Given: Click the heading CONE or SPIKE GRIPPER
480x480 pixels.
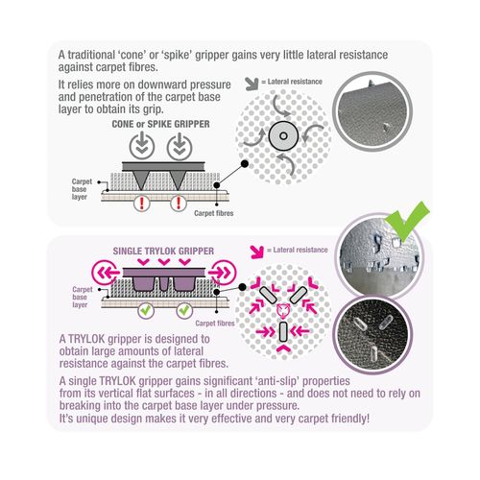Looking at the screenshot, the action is tap(160, 124).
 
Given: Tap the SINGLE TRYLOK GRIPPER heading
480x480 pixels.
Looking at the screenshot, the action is tap(163, 252).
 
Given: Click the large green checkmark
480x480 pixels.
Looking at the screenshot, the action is tap(407, 222).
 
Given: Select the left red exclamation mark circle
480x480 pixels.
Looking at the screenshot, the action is tap(142, 203).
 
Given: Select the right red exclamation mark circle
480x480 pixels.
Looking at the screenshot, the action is tap(179, 203).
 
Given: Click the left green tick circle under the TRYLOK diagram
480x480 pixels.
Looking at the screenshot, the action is tap(146, 310).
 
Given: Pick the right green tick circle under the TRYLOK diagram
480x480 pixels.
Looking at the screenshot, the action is tap(184, 310).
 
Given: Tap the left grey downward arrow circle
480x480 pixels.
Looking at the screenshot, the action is tap(142, 147).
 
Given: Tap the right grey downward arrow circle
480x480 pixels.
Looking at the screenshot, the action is tap(180, 147).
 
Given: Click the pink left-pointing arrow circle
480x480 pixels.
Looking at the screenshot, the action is tap(105, 273).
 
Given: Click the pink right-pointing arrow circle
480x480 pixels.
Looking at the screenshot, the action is tap(223, 273).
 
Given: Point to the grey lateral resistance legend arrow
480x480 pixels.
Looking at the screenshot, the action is tap(252, 84).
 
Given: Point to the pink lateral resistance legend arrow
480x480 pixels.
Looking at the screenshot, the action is tap(257, 252).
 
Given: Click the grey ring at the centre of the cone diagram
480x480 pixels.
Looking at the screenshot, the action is tap(283, 135).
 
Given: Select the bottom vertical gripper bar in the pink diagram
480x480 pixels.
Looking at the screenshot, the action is tap(283, 332).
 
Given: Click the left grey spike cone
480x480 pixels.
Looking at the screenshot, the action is tap(140, 180).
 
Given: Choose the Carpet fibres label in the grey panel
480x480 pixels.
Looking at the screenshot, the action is tap(214, 213).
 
